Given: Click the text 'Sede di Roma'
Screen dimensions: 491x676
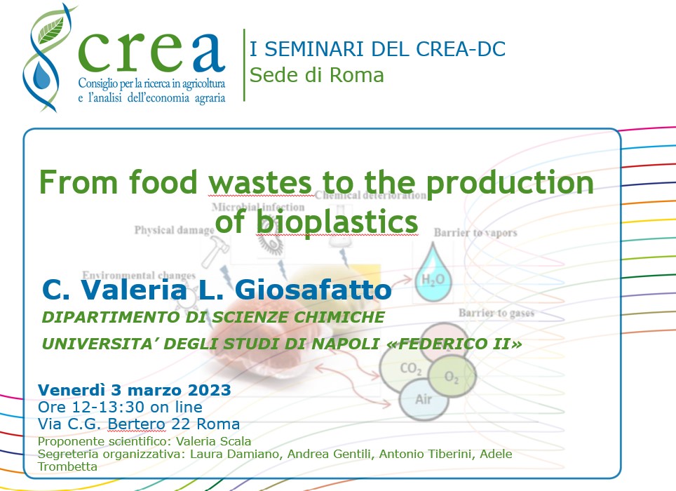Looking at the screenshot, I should pyautogui.click(x=316, y=74).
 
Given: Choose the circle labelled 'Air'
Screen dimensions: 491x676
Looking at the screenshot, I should pyautogui.click(x=424, y=399).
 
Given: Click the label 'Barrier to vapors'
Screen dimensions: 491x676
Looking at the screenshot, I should pyautogui.click(x=475, y=232).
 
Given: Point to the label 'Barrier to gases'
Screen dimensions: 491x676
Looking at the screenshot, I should pyautogui.click(x=495, y=313).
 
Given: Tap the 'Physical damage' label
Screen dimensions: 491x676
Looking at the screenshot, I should pyautogui.click(x=173, y=230).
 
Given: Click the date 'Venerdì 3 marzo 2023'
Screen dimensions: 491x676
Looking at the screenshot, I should pyautogui.click(x=134, y=389).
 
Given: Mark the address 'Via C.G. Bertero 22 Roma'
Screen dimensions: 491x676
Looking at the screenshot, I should pyautogui.click(x=138, y=424).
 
